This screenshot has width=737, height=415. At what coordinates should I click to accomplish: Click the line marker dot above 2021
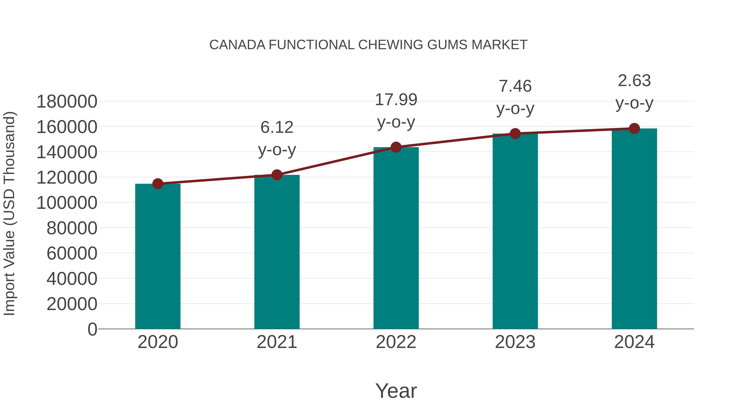(277, 175)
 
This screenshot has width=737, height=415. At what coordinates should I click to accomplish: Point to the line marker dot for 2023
(515, 133)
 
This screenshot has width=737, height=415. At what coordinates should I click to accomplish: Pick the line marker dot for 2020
(158, 184)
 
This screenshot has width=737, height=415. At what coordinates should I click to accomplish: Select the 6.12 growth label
(277, 127)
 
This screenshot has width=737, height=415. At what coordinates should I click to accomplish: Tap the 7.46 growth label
(515, 86)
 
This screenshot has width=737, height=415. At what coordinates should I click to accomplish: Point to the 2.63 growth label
(634, 81)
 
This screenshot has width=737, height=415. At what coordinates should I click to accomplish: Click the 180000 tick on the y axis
(67, 101)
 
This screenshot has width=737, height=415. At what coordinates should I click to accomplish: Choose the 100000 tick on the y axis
(67, 203)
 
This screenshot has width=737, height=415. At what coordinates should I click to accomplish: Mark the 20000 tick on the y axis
(72, 304)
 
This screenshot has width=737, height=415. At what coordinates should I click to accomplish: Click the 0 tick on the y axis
(92, 329)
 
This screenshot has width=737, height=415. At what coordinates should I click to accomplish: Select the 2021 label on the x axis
(277, 342)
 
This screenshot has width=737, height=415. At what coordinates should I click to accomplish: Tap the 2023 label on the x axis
(515, 342)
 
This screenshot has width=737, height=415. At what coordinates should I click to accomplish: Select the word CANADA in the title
(237, 45)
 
